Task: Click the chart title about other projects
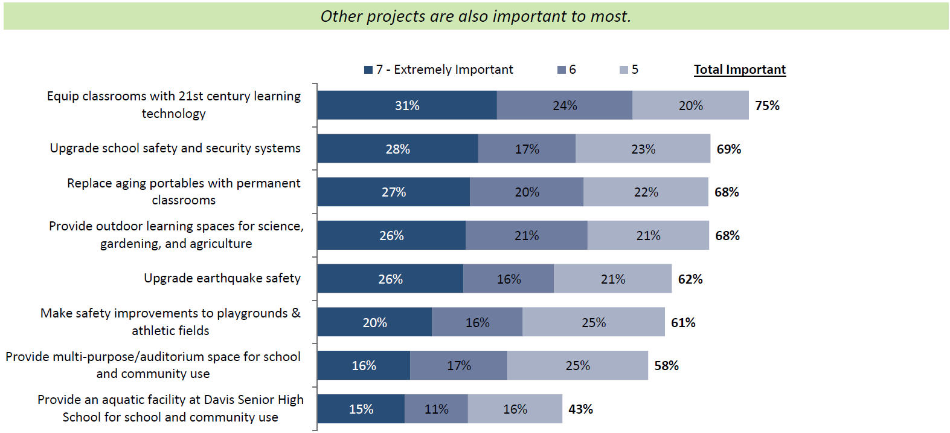tap(475, 16)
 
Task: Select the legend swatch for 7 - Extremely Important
tap(368, 70)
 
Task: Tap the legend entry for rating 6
tap(566, 70)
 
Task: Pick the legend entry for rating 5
tap(629, 70)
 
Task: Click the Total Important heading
tap(739, 70)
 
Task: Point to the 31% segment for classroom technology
tap(407, 105)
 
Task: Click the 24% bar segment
tap(565, 105)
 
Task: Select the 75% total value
tap(767, 106)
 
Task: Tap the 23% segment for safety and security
tap(643, 149)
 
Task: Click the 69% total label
tap(728, 149)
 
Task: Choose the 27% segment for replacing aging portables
tap(394, 192)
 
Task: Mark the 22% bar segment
tap(646, 192)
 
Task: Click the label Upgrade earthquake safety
tap(222, 278)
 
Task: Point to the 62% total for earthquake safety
tap(690, 279)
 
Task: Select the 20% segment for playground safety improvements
tap(374, 322)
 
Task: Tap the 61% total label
tap(683, 323)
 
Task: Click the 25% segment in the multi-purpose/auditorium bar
tap(577, 366)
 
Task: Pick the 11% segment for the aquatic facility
tap(436, 409)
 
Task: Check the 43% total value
tap(580, 409)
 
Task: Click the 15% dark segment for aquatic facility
tap(361, 409)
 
